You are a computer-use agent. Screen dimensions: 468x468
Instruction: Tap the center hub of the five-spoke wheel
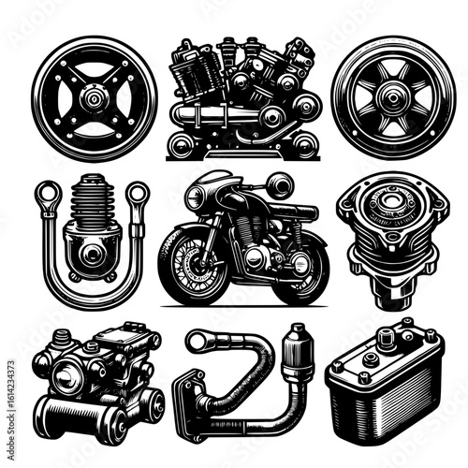click(x=392, y=99)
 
